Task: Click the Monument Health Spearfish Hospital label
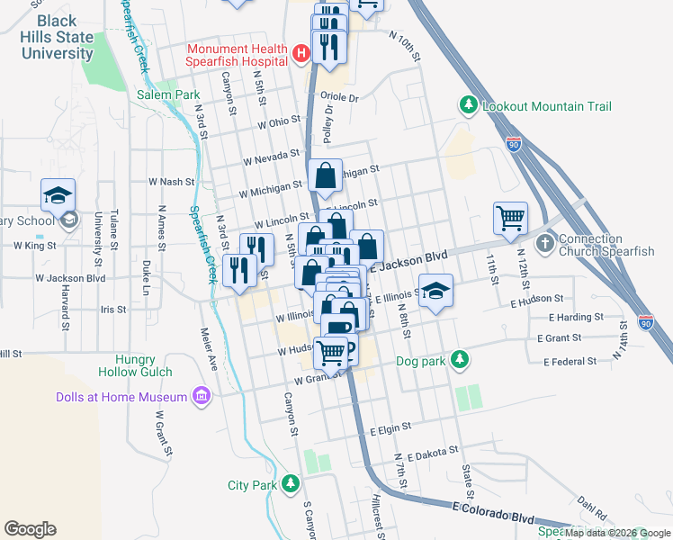pos(237,55)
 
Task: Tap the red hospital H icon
pos(301,56)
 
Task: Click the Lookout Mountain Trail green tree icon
pos(468,106)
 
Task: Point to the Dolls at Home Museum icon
pos(201,397)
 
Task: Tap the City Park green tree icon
pos(290,484)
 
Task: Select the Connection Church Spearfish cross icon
pos(545,245)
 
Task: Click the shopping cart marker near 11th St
pos(510,217)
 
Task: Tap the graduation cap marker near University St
pos(58,195)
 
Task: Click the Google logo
pos(30,528)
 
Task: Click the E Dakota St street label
pos(432,456)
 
